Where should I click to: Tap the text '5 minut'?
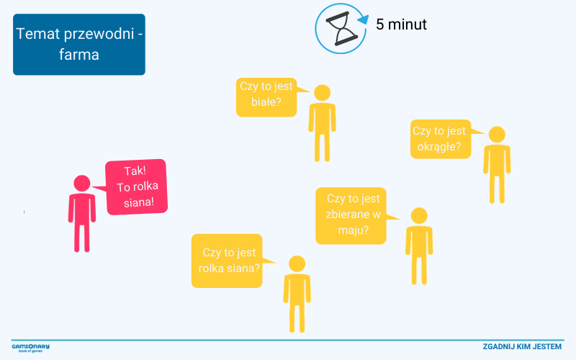click(401, 24)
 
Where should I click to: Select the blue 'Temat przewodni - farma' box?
click(79, 45)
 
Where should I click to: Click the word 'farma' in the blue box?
click(79, 55)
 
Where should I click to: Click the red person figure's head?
click(82, 184)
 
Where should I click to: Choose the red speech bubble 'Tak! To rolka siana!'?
click(137, 187)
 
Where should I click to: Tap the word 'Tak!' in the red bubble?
click(135, 171)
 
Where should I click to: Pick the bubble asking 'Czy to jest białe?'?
click(266, 96)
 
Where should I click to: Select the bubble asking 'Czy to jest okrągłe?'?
click(440, 139)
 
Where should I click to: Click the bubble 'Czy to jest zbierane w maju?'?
click(353, 215)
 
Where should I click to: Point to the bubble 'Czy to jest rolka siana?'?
click(226, 261)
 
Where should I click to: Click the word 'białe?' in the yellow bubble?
click(266, 102)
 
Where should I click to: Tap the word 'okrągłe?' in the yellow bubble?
click(439, 146)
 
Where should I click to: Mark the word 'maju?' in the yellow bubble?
click(354, 230)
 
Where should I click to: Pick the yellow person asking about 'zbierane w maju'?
click(418, 245)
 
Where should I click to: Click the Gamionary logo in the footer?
click(30, 347)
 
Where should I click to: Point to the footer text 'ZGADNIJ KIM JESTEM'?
click(522, 347)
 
